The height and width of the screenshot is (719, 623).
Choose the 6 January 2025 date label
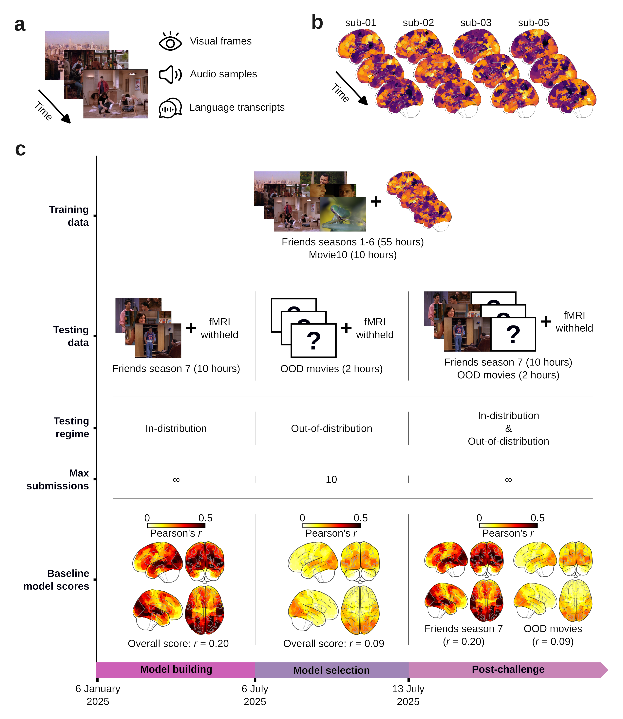[x=98, y=695]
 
